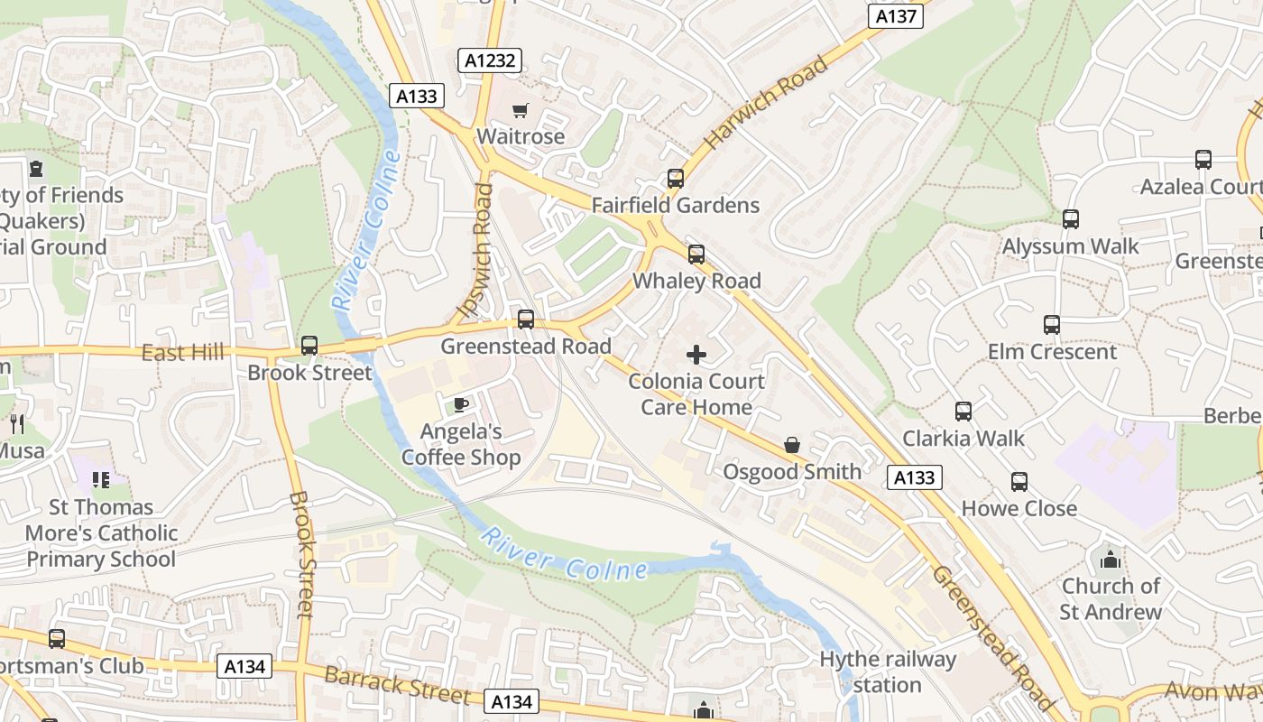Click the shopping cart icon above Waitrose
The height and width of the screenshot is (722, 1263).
click(520, 111)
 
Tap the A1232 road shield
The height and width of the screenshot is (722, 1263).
click(491, 61)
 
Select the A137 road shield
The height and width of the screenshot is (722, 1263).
click(896, 16)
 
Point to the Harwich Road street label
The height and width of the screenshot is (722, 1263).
click(766, 103)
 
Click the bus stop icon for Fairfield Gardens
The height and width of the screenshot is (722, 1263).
click(676, 179)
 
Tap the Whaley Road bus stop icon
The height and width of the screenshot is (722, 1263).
click(696, 255)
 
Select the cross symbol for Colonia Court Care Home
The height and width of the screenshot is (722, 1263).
click(696, 355)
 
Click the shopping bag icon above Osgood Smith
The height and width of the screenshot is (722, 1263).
click(792, 445)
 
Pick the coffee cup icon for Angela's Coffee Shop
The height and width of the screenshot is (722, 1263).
click(460, 404)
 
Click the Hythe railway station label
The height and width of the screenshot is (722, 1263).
click(887, 671)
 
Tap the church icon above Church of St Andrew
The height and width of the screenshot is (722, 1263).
click(1110, 560)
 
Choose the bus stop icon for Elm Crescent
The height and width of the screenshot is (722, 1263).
click(1052, 325)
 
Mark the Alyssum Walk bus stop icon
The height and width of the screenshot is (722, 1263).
click(1071, 219)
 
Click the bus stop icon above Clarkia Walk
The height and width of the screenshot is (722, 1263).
click(963, 412)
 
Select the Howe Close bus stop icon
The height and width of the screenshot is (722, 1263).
click(1019, 482)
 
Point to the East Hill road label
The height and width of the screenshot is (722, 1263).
click(182, 352)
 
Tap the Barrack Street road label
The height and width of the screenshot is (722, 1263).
click(397, 685)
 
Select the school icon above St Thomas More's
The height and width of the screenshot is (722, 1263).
click(101, 480)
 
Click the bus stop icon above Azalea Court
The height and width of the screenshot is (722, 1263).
click(1203, 160)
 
